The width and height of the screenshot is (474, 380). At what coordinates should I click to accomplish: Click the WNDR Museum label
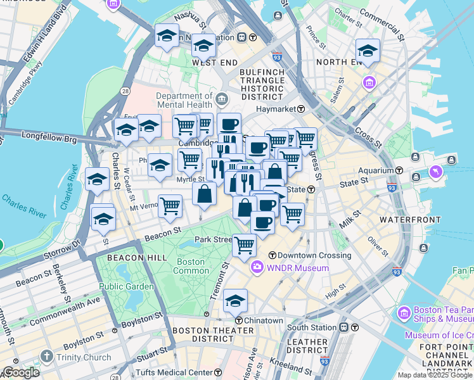click(x=298, y=268)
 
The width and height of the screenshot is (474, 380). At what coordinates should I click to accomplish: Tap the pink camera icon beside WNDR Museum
click(x=257, y=268)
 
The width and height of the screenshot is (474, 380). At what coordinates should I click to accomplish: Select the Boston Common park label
click(x=191, y=266)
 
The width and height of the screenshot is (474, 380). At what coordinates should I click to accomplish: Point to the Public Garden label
click(x=126, y=286)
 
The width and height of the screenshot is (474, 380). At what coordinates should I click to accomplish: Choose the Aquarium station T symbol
click(x=400, y=171)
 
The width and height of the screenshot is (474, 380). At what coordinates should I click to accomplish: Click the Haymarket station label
click(x=276, y=109)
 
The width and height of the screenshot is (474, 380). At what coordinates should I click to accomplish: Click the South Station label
click(x=311, y=327)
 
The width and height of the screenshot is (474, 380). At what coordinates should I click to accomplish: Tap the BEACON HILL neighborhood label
click(x=137, y=258)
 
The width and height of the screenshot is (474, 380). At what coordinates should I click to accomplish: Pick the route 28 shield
click(x=126, y=92)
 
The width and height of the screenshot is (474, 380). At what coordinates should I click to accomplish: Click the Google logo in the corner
click(x=21, y=372)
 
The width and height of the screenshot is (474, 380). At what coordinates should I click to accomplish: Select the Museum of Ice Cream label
click(x=439, y=335)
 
